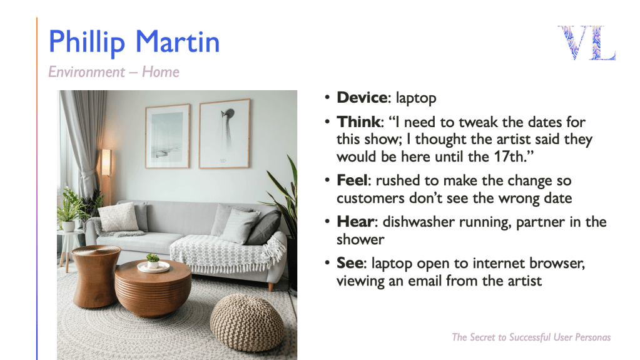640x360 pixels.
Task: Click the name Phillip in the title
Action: (86, 43)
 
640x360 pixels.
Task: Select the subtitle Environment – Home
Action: (113, 72)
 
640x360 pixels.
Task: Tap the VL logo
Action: (587, 43)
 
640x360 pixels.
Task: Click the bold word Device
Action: (362, 98)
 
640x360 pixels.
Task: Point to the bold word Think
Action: (358, 121)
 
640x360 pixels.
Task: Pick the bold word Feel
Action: (352, 180)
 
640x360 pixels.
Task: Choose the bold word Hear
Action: (355, 222)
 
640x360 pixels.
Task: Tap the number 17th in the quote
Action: (508, 157)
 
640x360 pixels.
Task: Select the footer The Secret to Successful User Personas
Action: (531, 337)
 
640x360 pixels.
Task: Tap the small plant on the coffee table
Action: (153, 259)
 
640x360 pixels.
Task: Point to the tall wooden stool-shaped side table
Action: (96, 276)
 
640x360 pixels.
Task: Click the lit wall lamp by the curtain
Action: (106, 163)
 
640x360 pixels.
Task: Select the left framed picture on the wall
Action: (168, 136)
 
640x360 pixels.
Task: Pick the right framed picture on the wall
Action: (225, 133)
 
